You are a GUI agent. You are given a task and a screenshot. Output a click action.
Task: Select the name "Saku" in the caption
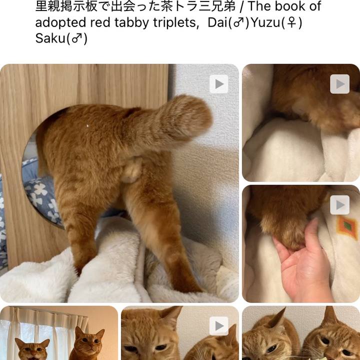(x=50, y=38)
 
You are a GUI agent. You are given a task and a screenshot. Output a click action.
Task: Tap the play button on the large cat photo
(x=219, y=84)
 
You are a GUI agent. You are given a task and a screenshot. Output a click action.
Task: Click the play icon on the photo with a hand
(x=340, y=205)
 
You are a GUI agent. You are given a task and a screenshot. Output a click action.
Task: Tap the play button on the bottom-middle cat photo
(x=219, y=326)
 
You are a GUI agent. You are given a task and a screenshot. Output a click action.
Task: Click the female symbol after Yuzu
(x=291, y=22)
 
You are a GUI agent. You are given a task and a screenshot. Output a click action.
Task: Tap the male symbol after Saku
(x=76, y=38)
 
